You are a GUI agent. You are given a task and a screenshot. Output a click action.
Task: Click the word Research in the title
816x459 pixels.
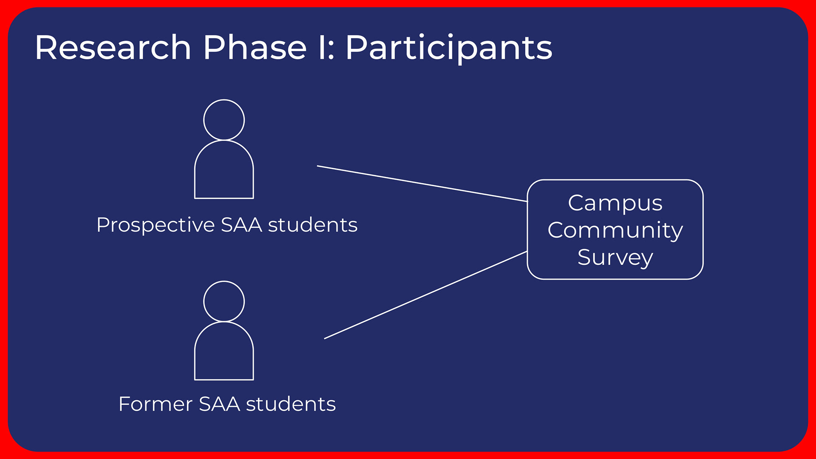[x=113, y=47]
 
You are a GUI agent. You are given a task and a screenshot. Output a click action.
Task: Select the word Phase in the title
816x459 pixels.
[x=255, y=47]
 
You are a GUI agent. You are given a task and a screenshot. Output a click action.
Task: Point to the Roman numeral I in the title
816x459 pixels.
[x=322, y=47]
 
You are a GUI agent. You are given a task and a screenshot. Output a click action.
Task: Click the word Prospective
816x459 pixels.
[x=156, y=225]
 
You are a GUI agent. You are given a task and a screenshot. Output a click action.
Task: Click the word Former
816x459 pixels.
[x=156, y=404]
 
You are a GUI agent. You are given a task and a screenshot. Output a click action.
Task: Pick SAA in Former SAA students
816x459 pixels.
[x=219, y=404]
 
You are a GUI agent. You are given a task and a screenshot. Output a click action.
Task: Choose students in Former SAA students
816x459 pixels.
[x=291, y=404]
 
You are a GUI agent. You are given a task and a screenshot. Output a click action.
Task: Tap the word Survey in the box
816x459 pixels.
[x=615, y=258]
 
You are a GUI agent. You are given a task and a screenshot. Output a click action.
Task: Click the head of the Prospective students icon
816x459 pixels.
[x=224, y=100]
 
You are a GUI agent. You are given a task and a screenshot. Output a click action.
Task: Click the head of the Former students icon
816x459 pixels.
[x=224, y=281]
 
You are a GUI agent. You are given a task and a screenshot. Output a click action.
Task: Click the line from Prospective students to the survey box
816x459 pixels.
[x=422, y=184]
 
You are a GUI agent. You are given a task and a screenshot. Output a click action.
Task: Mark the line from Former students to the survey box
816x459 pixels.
[x=425, y=295]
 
